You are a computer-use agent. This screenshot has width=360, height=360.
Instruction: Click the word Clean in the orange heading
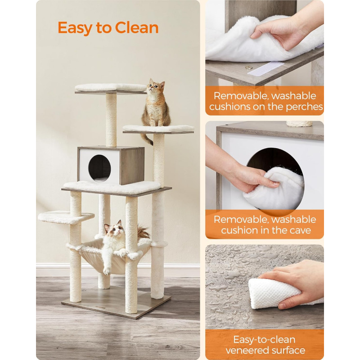(x=137, y=27)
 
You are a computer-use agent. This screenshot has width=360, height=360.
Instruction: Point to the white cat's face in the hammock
(x=113, y=230)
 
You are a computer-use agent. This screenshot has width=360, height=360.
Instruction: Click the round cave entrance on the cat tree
(x=99, y=168)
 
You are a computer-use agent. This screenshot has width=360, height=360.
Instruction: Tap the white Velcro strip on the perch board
(x=266, y=68)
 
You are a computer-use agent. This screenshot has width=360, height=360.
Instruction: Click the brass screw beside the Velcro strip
(x=249, y=67)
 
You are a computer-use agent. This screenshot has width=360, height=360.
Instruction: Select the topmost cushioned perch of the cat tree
(x=111, y=88)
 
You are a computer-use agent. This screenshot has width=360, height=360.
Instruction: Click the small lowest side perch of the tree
(x=66, y=217)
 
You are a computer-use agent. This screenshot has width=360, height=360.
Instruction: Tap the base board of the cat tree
(x=116, y=302)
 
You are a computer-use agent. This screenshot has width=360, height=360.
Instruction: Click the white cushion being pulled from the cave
(x=274, y=189)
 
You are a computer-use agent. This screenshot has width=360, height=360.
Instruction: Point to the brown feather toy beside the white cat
(x=143, y=232)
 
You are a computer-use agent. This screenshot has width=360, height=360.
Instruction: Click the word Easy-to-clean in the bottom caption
(x=264, y=339)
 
